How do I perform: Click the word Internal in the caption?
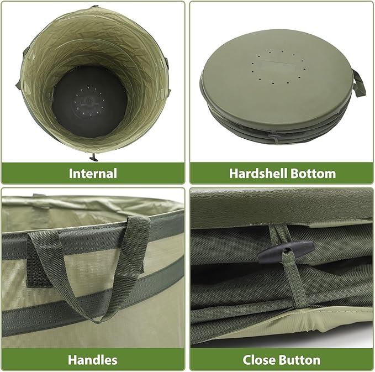93,173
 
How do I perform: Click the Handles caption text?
93,360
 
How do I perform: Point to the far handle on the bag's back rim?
38,195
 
